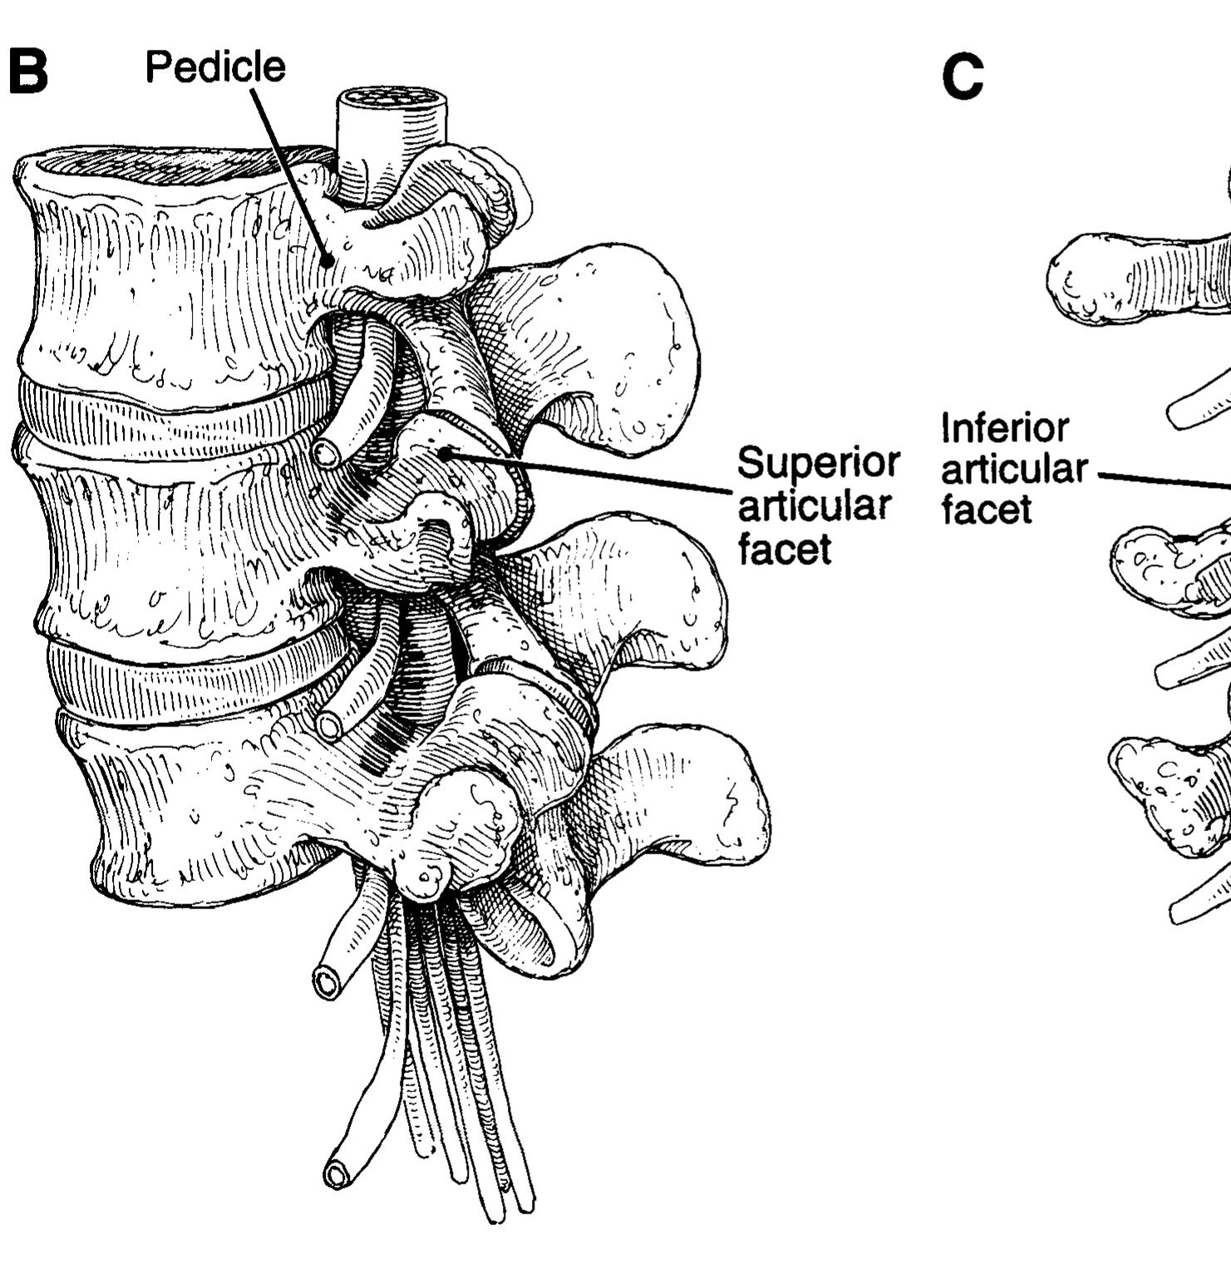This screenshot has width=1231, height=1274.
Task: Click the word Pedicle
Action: coord(215,66)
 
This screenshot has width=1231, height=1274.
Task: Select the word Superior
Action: coord(819,462)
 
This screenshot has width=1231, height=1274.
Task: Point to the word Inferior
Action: coord(1005,429)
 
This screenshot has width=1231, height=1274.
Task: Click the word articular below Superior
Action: coord(815,505)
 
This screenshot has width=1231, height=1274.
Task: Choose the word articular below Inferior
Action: coord(1014,470)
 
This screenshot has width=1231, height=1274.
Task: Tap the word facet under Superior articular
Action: coord(785,548)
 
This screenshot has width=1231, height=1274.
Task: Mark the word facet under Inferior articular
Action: coord(987,509)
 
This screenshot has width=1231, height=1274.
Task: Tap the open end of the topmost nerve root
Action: coord(326,454)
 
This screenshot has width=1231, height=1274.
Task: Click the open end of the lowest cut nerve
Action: coord(337,1175)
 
